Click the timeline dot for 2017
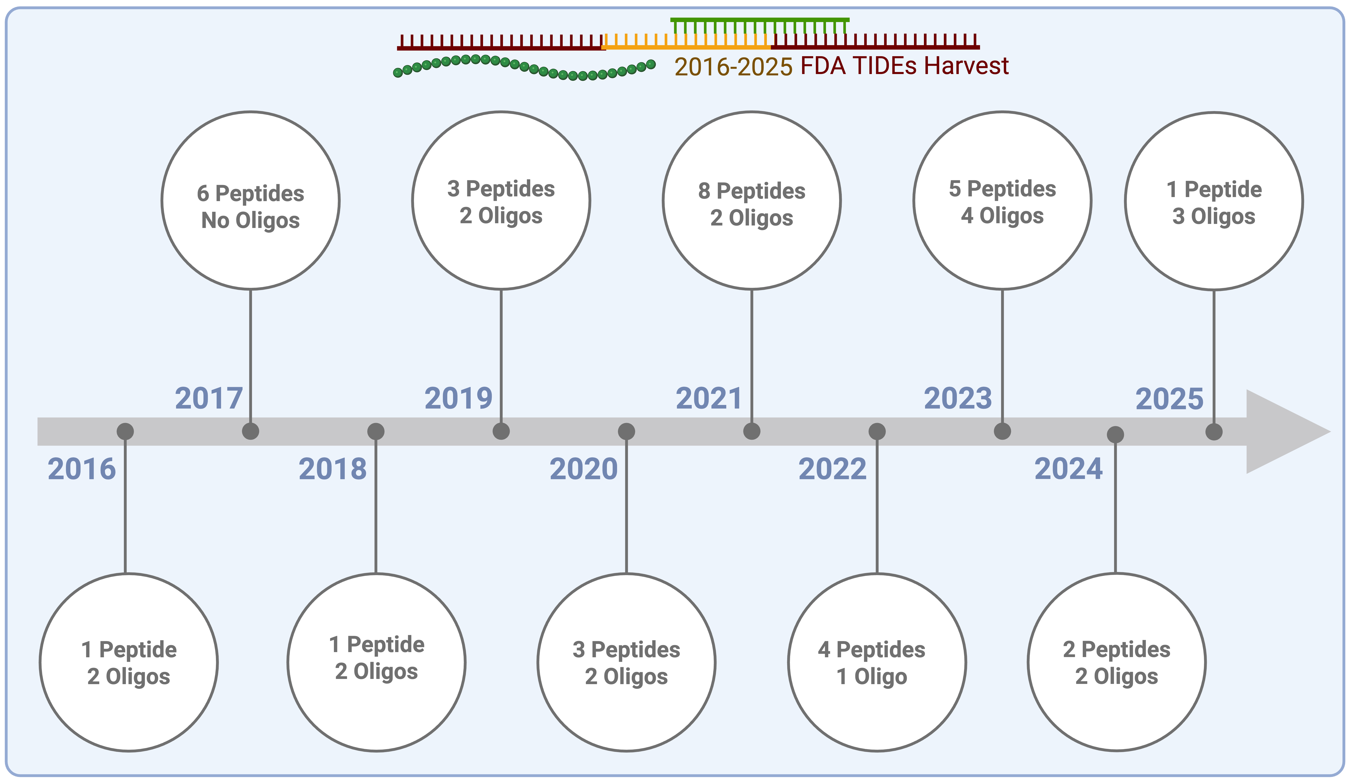pyautogui.click(x=250, y=431)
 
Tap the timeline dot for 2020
pyautogui.click(x=626, y=431)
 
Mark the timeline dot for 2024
pyautogui.click(x=1115, y=434)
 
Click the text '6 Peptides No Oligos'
pyautogui.click(x=250, y=207)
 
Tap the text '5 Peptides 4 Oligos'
pyautogui.click(x=1002, y=202)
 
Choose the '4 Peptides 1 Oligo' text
pyautogui.click(x=872, y=663)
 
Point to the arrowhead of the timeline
pyautogui.click(x=1287, y=432)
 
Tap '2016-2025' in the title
pyautogui.click(x=733, y=67)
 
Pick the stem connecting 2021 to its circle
pyautogui.click(x=752, y=354)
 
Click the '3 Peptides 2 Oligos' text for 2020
pyautogui.click(x=626, y=663)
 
